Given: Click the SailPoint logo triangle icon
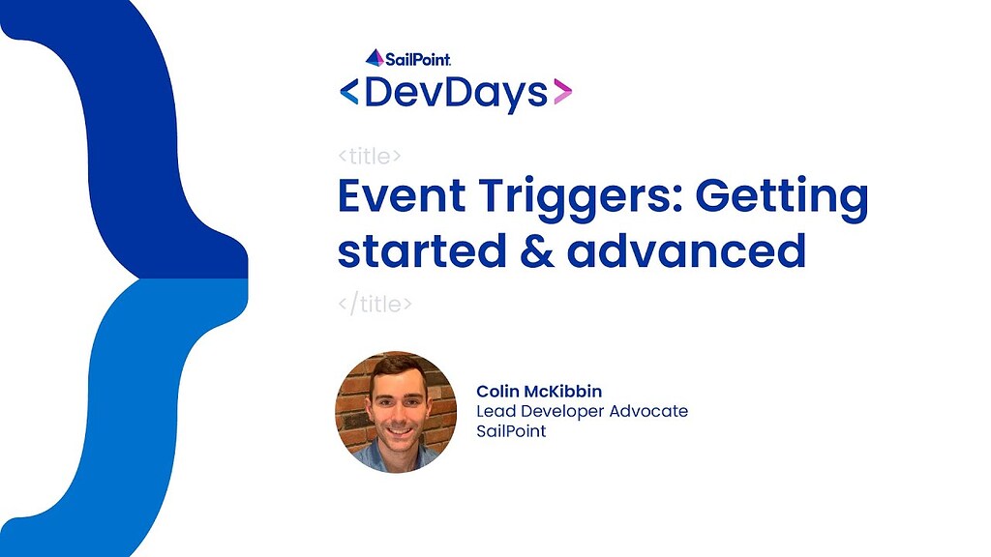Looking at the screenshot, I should pos(375,57).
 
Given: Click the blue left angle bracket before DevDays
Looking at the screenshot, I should pos(348,93).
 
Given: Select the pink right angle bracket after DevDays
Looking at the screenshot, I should pos(562,93).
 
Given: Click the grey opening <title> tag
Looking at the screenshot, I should pos(371,156).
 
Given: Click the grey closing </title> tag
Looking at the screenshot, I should pos(375,304).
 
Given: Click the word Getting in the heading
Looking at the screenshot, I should pos(782,198).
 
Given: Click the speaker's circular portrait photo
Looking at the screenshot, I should pos(396,412).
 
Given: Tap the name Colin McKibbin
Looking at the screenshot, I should pos(539,391).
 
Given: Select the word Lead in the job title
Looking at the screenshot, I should pos(494,411).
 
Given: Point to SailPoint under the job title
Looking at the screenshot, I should pos(511,431).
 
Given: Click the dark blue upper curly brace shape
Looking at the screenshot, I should pos(135,126).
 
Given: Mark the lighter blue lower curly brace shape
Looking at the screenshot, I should pos(135,406).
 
